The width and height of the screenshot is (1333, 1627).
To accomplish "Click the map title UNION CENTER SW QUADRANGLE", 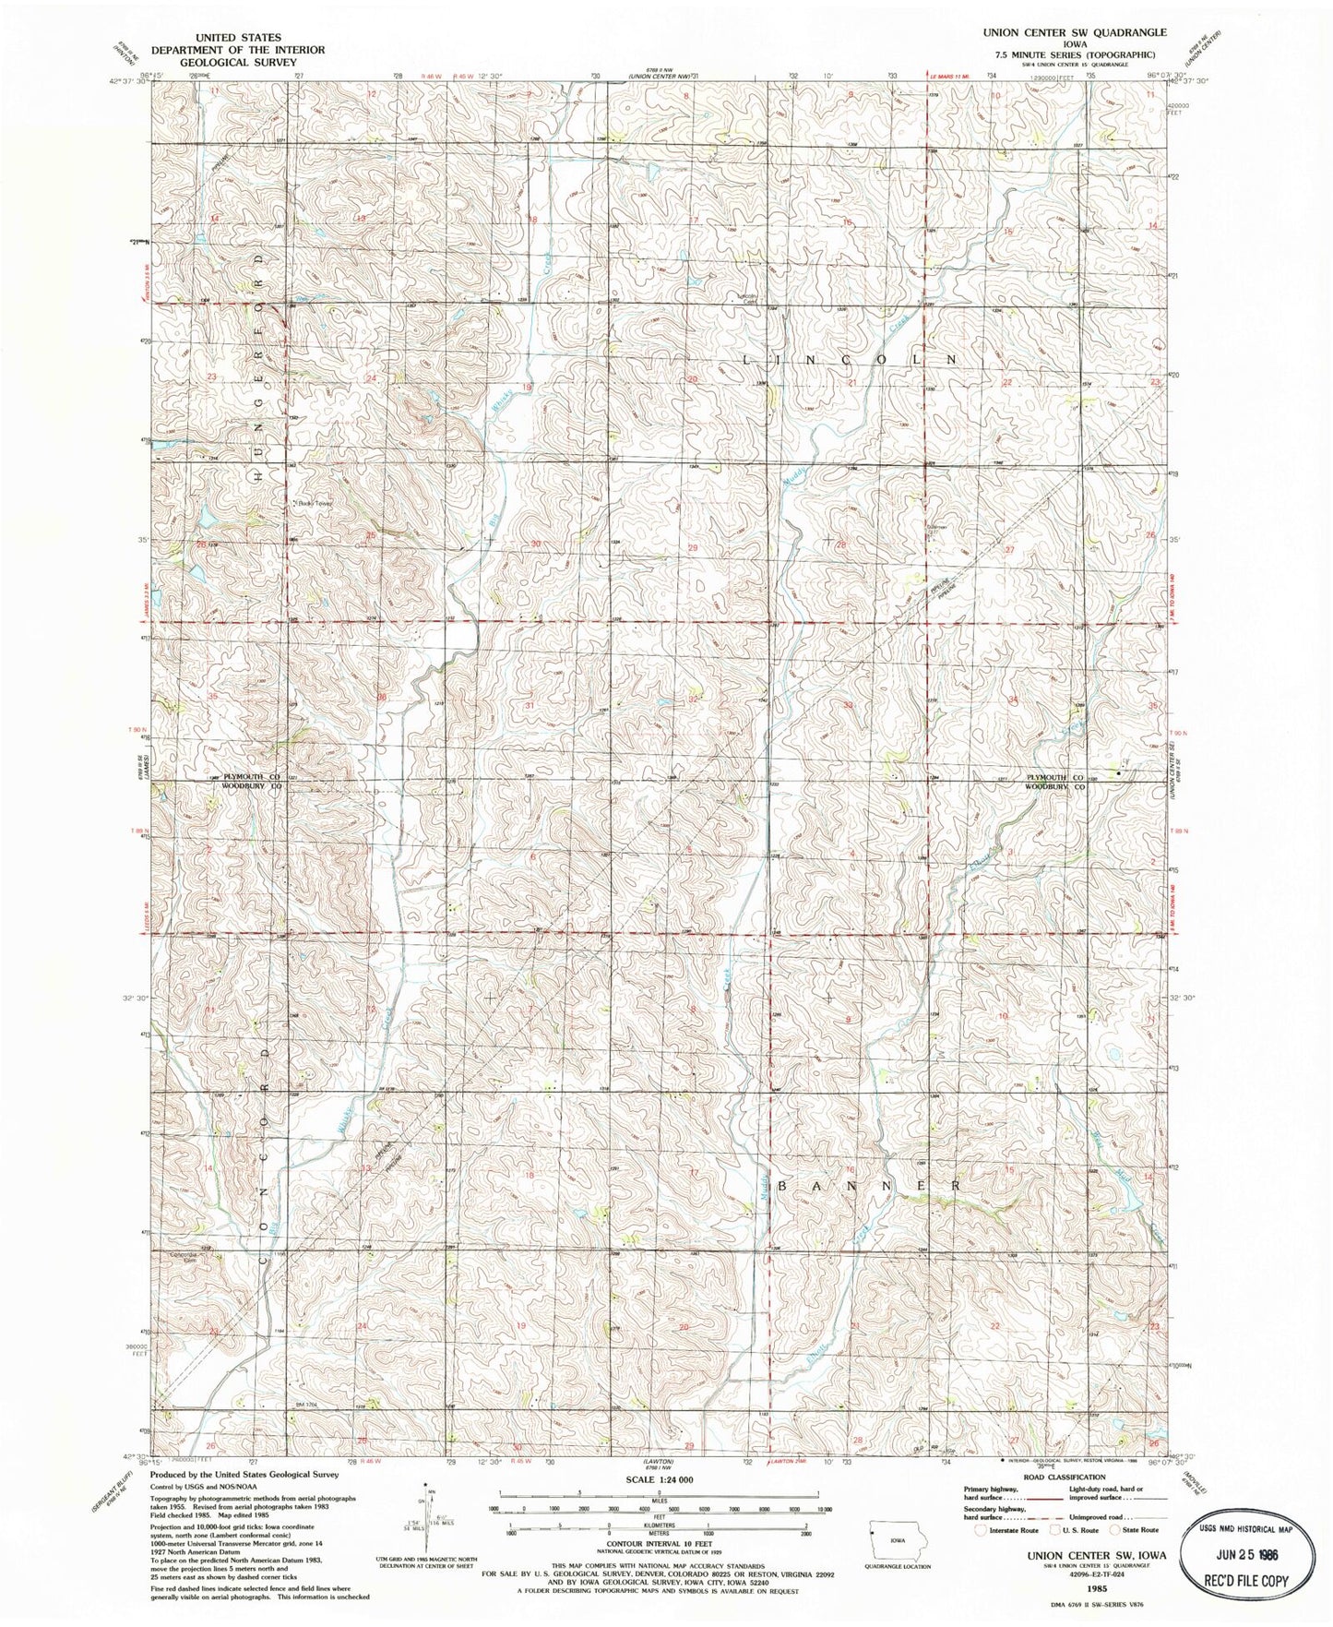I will click(x=1061, y=30).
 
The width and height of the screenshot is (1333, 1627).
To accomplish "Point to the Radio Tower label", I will click(x=311, y=503).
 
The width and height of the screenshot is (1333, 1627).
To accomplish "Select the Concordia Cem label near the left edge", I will click(x=184, y=1256).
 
